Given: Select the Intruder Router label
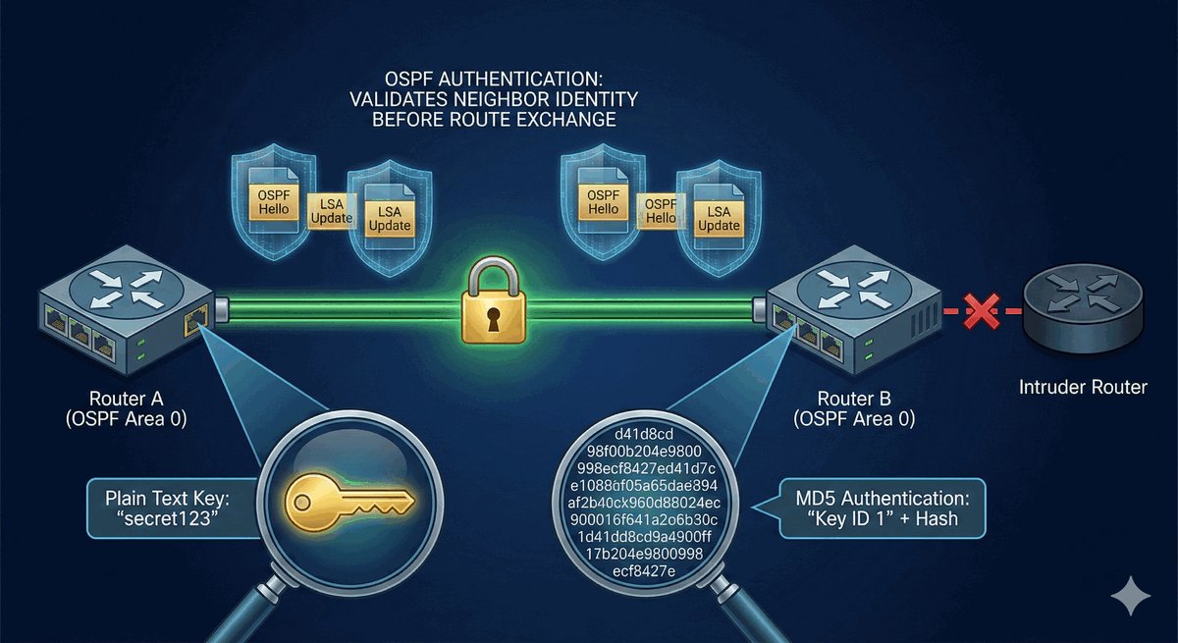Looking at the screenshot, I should (1083, 387).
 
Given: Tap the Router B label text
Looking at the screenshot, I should (857, 408).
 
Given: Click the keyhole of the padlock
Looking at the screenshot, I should (489, 316).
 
